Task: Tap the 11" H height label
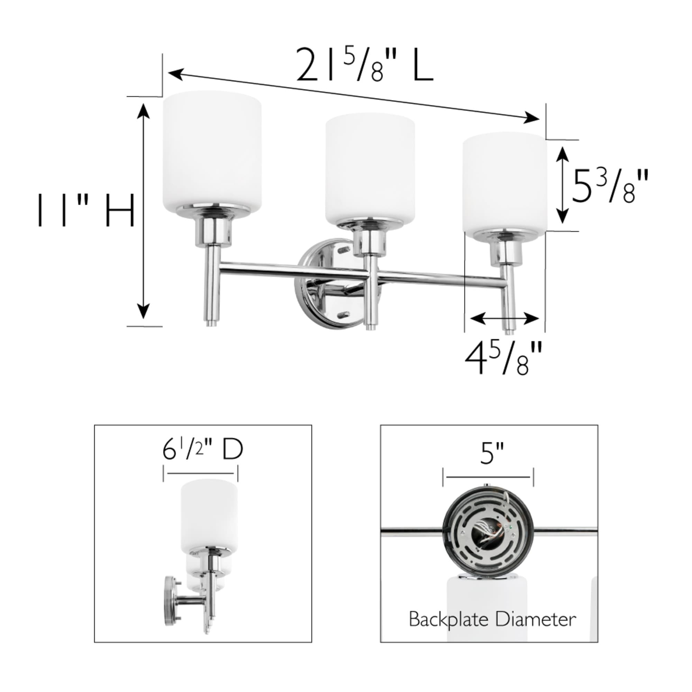pos(86,211)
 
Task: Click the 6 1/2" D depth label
pos(202,450)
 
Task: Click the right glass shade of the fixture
pos(504,183)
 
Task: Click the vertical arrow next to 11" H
pos(144,211)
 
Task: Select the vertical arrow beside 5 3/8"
pos(563,185)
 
